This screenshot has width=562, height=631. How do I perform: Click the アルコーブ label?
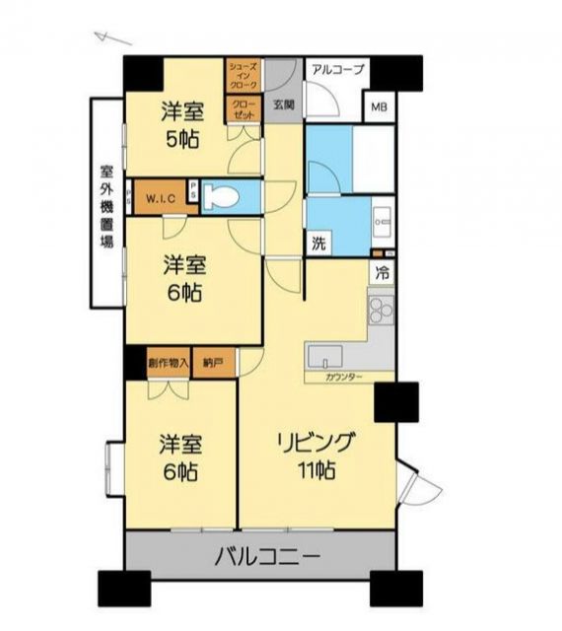[x=337, y=69]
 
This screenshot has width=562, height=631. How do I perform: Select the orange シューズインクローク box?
[x=244, y=78]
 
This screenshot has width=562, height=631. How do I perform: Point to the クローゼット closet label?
[x=244, y=109]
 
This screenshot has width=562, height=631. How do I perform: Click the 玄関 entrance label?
[x=284, y=105]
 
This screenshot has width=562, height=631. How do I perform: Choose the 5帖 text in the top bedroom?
[x=181, y=139]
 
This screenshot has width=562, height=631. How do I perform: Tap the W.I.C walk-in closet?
[x=160, y=198]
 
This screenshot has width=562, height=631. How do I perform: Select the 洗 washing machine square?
[x=318, y=244]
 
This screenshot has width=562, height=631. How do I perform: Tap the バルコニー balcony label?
[x=267, y=558]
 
